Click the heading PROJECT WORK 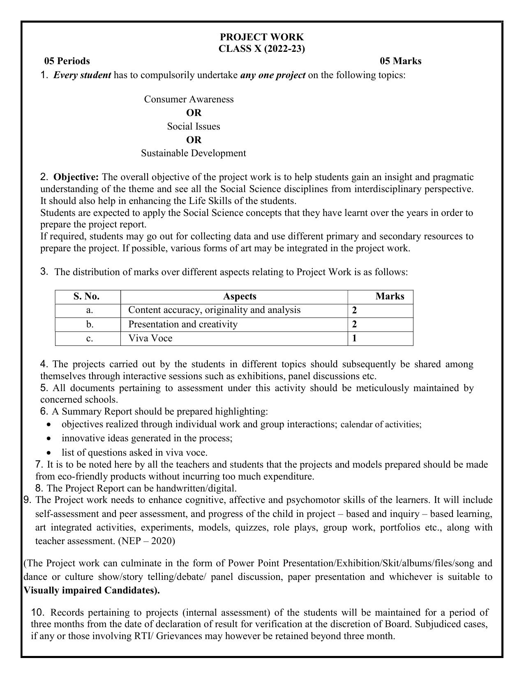pos(261,37)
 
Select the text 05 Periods pos(67,61)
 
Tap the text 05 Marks pos(400,61)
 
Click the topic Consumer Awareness pos(189,100)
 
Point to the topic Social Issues pos(193,127)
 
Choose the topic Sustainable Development pos(193,153)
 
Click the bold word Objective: pos(76,177)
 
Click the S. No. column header pos(87,297)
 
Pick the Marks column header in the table pos(389,297)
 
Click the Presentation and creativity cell pos(183,324)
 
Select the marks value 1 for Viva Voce pos(354,338)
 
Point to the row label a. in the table pos(90,311)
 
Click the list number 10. pos(37,612)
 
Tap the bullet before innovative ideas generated pos(49,438)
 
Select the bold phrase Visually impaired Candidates pos(90,591)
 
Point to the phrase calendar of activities pos(381,424)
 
